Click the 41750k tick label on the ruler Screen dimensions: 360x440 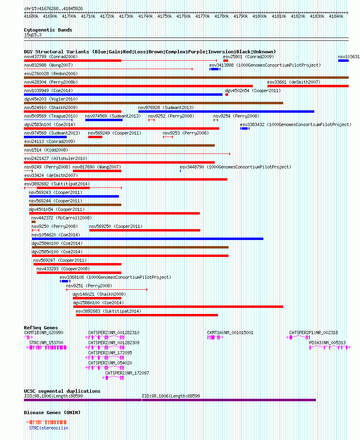(x=164, y=16)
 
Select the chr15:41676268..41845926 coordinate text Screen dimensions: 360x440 (x=53, y=9)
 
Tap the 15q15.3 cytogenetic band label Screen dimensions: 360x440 (x=33, y=35)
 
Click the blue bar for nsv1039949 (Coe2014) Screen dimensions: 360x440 (x=123, y=95)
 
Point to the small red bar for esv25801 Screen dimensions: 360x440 (x=225, y=61)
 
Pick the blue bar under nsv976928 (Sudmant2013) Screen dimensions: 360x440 (x=226, y=112)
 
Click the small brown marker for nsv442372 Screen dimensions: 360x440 (x=34, y=222)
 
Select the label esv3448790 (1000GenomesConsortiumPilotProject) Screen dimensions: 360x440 (x=235, y=167)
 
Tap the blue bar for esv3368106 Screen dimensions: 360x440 (x=65, y=281)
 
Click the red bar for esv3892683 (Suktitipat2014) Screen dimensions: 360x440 (x=147, y=315)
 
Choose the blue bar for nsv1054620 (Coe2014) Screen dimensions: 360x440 (x=148, y=239)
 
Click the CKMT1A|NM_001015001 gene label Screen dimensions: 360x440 (x=230, y=333)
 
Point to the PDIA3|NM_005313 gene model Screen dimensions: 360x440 (x=330, y=347)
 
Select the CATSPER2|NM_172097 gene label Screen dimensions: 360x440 (x=127, y=373)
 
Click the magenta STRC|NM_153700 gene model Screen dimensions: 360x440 (x=47, y=347)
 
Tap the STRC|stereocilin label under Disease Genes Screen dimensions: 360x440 (x=49, y=428)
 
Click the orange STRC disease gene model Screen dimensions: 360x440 (x=47, y=422)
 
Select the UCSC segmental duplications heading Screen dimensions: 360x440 (x=62, y=391)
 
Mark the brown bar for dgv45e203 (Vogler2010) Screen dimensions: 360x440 (x=153, y=103)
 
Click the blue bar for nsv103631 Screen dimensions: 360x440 (x=343, y=61)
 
